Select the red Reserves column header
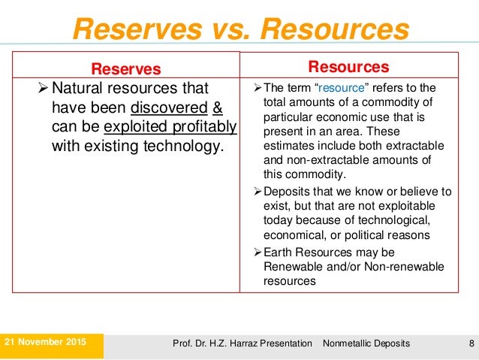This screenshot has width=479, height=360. (126, 69)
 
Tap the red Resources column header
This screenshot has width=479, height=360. (349, 67)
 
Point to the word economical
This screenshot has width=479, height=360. (294, 234)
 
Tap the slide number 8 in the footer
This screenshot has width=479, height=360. (471, 343)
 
